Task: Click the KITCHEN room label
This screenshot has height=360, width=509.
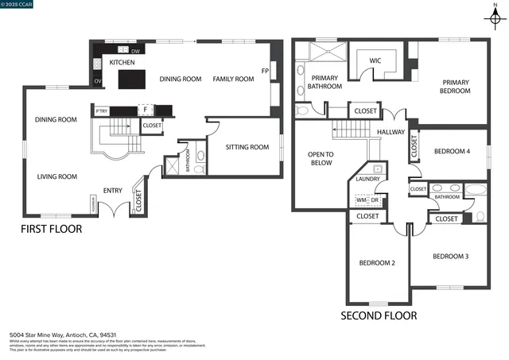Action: (122, 62)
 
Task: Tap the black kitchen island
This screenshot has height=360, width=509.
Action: (130, 79)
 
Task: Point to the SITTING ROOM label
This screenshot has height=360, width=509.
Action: (245, 147)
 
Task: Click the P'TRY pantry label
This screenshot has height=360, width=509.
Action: (101, 111)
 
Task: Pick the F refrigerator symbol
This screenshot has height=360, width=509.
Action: (146, 111)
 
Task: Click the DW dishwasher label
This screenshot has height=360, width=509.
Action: (136, 52)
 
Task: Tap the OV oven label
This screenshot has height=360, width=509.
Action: (98, 81)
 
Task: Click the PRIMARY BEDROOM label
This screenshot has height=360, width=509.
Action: (456, 86)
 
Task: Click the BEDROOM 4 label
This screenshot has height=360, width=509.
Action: (452, 151)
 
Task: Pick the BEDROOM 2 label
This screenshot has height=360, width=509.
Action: (377, 262)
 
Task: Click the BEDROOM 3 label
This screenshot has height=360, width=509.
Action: (450, 256)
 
